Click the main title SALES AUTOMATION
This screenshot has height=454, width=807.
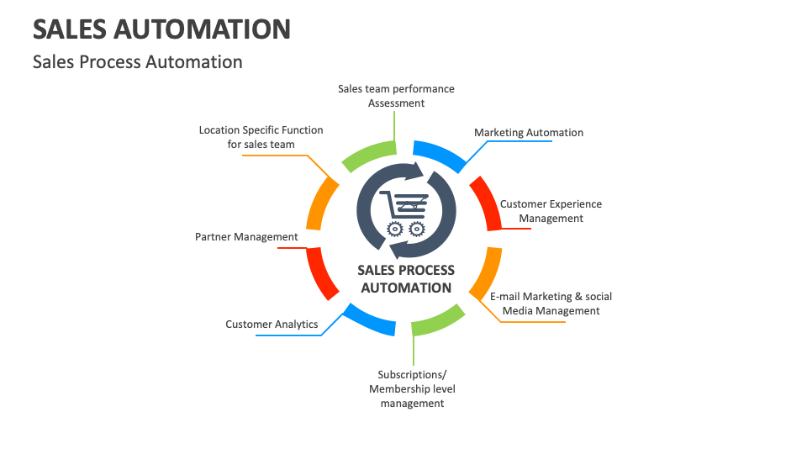coord(161,29)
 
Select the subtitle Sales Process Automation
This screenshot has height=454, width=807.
coord(137,62)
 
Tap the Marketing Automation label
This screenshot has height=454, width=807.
coord(528,133)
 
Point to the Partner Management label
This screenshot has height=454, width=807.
coord(246,237)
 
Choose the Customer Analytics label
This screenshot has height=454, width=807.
coord(272,325)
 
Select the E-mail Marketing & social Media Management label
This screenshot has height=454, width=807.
coord(551,304)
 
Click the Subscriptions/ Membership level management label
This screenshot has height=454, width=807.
coord(412,388)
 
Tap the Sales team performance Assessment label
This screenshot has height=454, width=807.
coord(396,96)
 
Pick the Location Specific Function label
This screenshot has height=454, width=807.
coord(261,137)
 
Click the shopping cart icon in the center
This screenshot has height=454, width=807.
coord(404,204)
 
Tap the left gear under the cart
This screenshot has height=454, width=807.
coord(394,228)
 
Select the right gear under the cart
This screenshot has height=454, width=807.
coord(415,228)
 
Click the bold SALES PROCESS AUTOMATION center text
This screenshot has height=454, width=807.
coord(406,279)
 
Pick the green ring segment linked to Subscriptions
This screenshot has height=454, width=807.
coord(439,320)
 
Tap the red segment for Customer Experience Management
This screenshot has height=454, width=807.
coord(487,202)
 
